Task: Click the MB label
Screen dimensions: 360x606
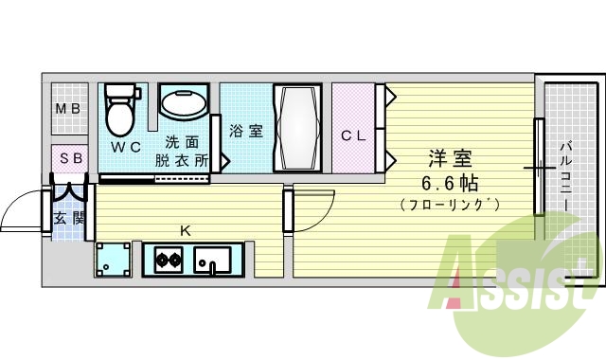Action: point(67,109)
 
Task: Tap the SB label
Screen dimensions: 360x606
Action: point(71,158)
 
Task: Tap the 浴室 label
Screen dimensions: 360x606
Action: point(247,132)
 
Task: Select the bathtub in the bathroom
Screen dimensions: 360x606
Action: point(297,128)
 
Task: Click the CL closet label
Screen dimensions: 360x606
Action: point(353,135)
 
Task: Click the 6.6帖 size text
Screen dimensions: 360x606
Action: point(450,183)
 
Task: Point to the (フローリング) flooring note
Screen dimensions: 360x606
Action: point(450,205)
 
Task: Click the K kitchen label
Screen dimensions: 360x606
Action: point(186,229)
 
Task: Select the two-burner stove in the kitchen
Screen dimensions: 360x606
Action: point(169,259)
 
